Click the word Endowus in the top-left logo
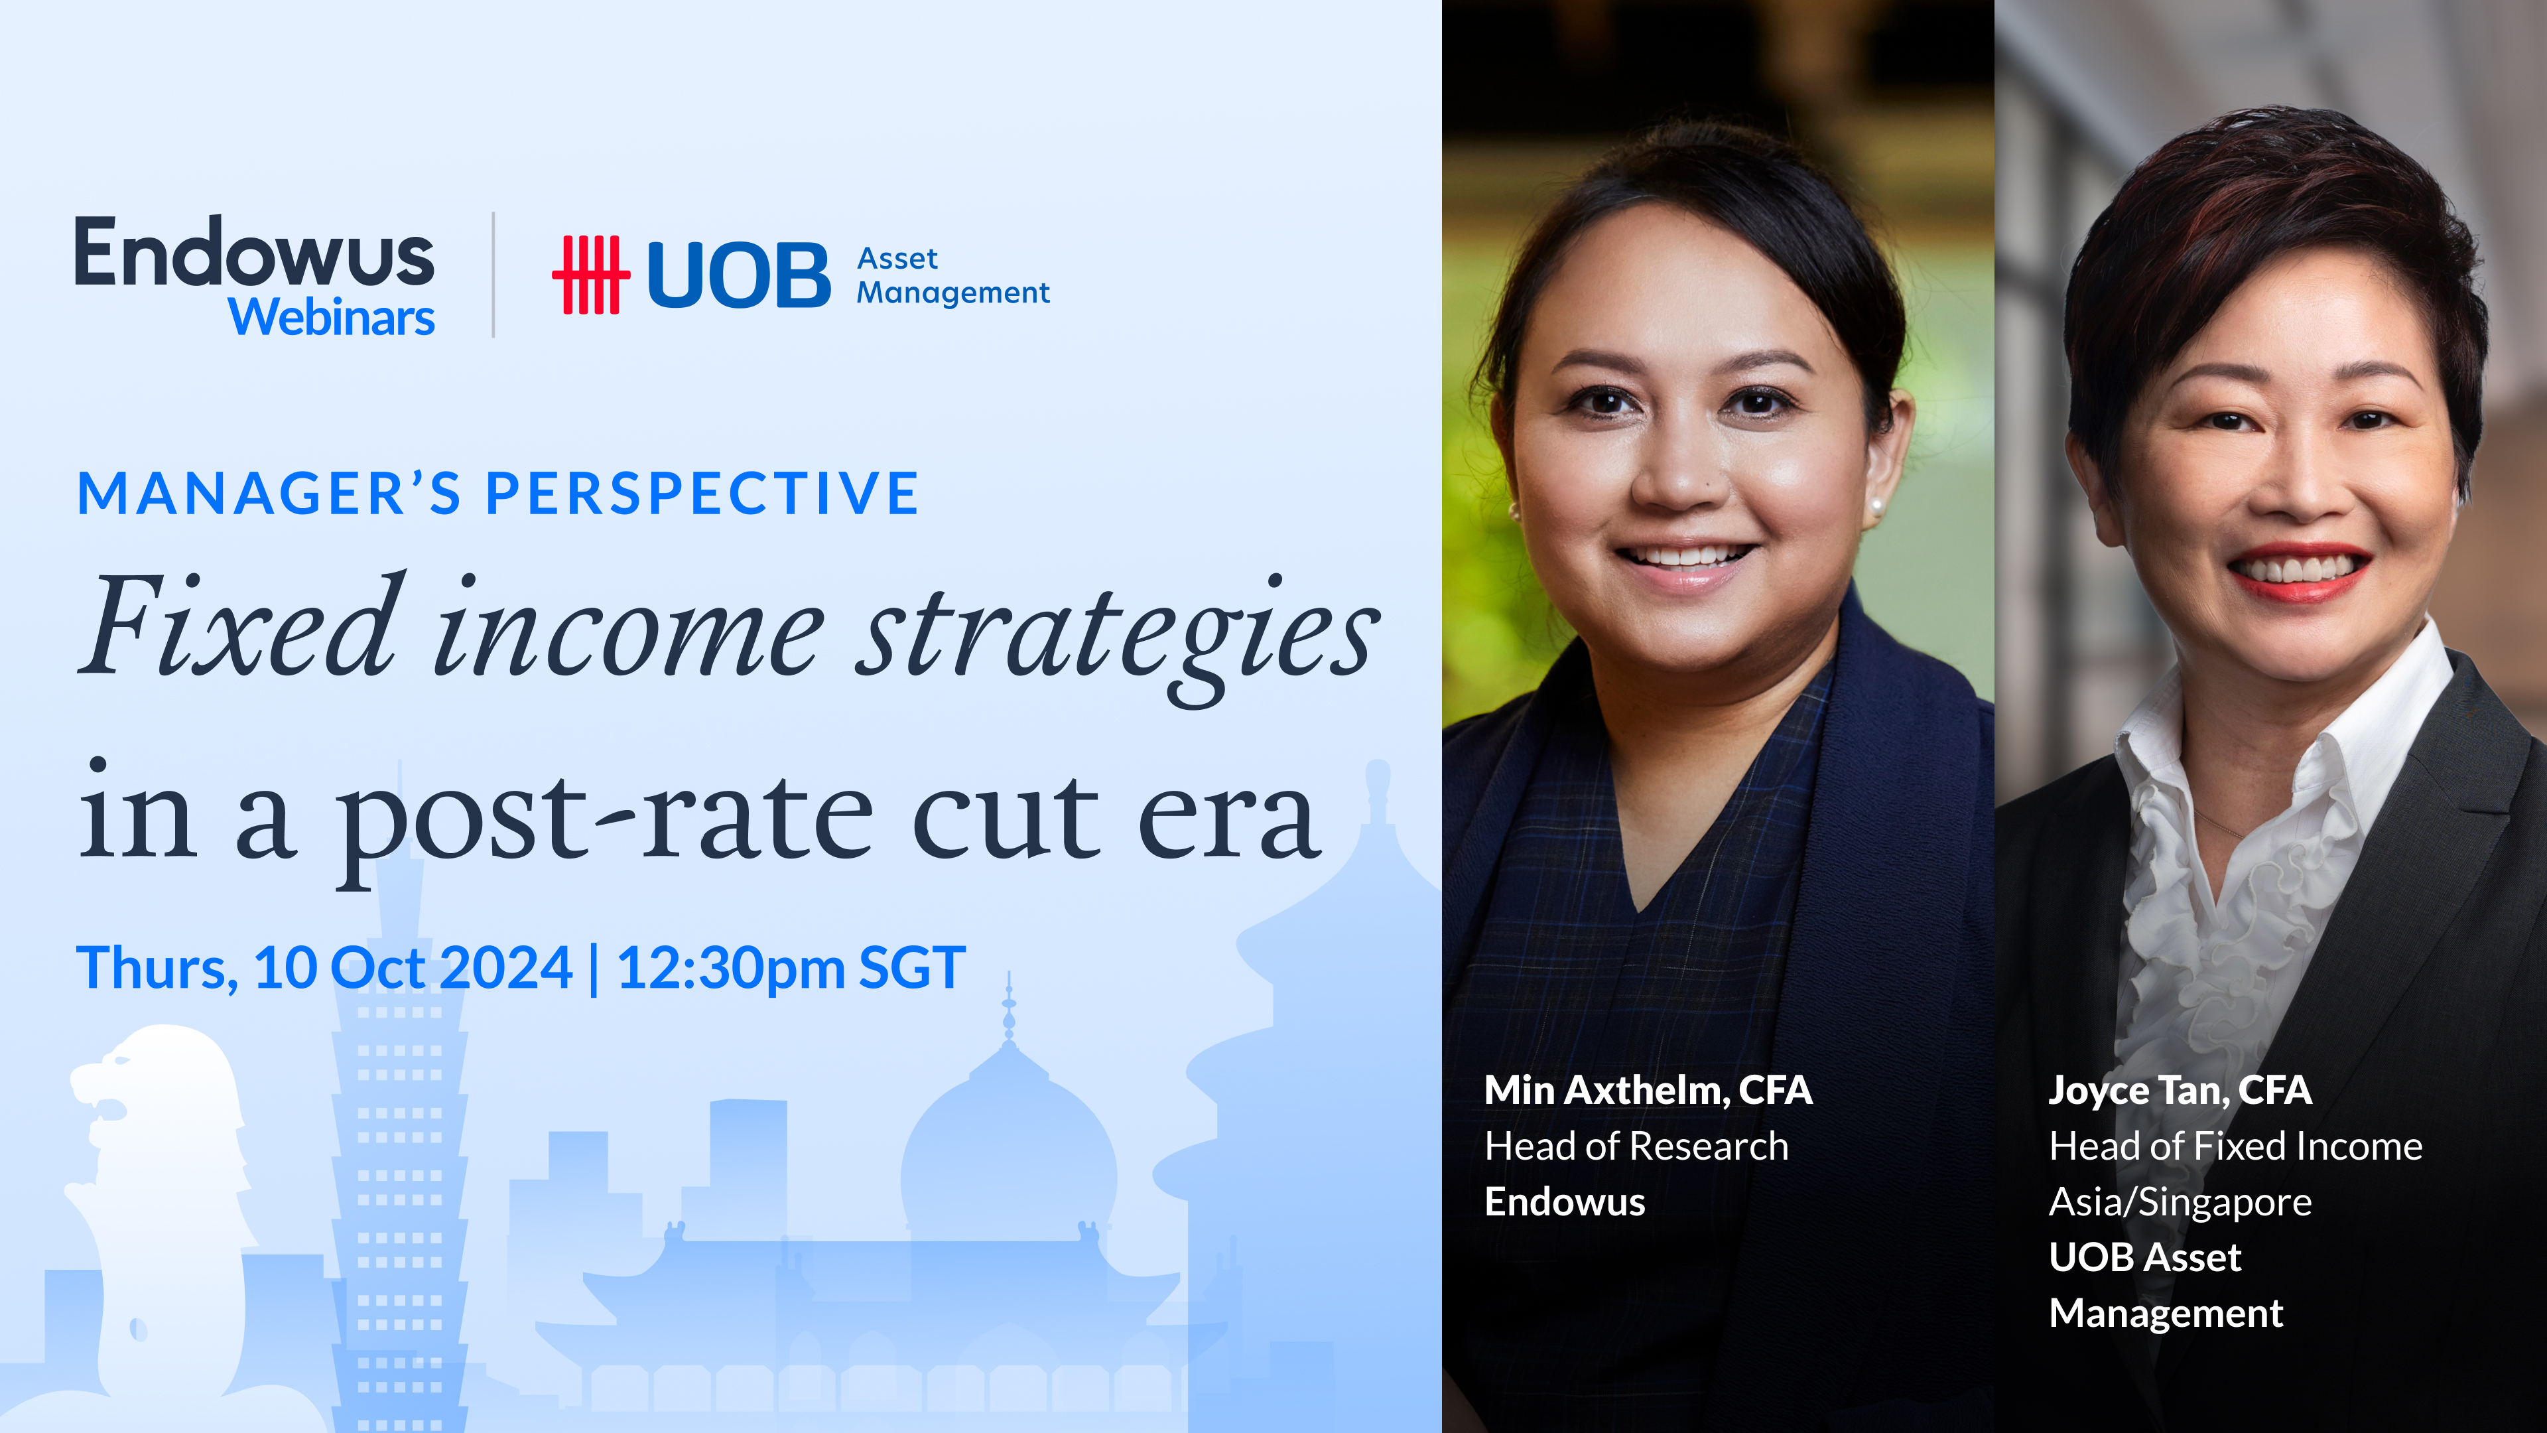click(254, 253)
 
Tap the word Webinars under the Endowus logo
click(331, 318)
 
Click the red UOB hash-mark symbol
click(590, 274)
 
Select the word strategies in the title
click(1117, 633)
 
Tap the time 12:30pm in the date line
click(730, 967)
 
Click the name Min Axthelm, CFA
click(1647, 1090)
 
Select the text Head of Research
click(1636, 1146)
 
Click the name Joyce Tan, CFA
click(2179, 1090)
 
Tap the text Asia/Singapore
click(2179, 1201)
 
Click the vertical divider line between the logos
click(493, 275)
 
